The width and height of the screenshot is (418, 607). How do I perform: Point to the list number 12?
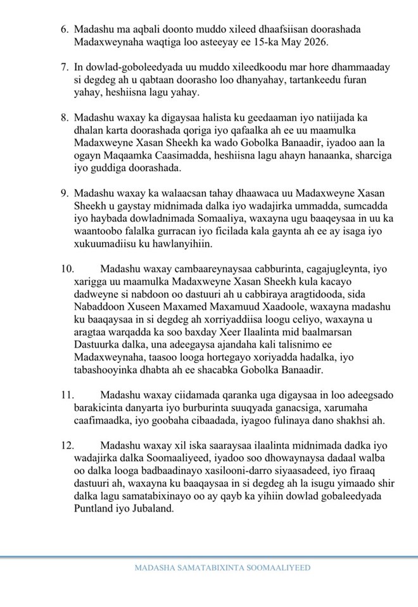[68, 445]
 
